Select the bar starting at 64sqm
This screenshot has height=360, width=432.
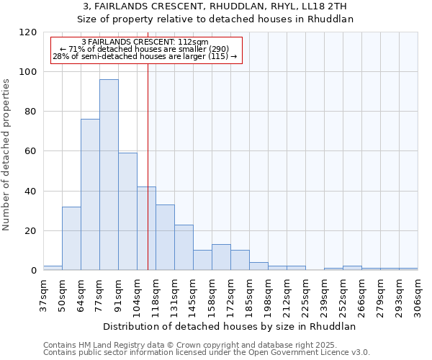click(90, 194)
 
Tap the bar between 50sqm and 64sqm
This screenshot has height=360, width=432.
click(71, 238)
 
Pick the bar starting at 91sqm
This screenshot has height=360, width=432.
click(127, 212)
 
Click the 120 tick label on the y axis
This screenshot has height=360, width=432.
click(28, 32)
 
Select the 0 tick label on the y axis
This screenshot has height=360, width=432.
click(33, 271)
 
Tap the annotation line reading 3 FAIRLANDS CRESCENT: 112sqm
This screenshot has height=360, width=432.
click(145, 42)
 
